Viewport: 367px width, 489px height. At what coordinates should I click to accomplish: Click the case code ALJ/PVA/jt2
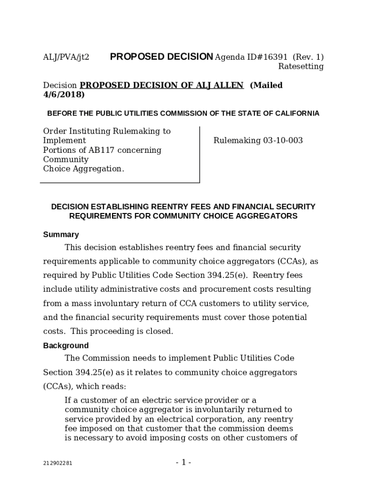(x=66, y=57)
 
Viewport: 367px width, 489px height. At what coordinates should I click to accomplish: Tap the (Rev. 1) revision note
(x=308, y=57)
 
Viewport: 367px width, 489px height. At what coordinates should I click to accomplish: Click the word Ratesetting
(x=301, y=66)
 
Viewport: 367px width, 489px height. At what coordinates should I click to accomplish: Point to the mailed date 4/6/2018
(x=64, y=95)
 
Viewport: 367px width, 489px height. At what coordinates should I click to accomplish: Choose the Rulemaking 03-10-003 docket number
(x=258, y=141)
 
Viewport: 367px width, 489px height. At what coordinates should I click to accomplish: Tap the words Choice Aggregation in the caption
(x=83, y=169)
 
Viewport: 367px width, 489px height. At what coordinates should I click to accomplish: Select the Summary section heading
(x=61, y=234)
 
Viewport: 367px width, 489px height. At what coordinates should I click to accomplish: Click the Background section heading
(x=66, y=346)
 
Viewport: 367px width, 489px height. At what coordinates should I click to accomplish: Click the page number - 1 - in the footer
(x=183, y=462)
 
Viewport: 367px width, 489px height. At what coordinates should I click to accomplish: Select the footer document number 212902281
(x=58, y=463)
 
